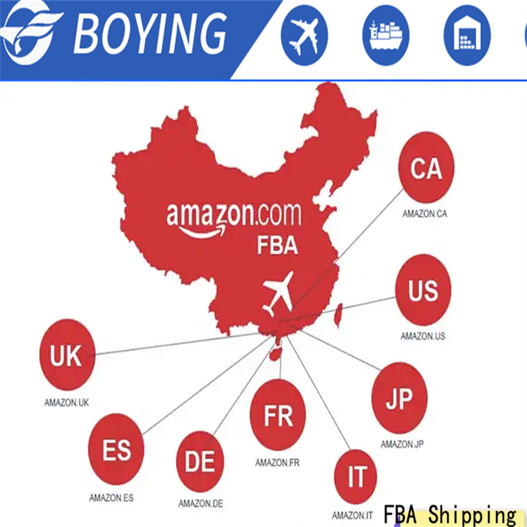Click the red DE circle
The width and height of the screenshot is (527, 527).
pyautogui.click(x=200, y=461)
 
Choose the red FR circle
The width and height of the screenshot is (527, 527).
pyautogui.click(x=278, y=414)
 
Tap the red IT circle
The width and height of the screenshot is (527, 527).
pyautogui.click(x=357, y=477)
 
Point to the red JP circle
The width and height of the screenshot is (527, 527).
pyautogui.click(x=399, y=398)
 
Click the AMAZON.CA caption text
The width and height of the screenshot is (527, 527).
pyautogui.click(x=425, y=213)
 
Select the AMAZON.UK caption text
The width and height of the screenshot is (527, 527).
pyautogui.click(x=66, y=402)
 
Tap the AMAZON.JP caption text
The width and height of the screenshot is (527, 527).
pyautogui.click(x=402, y=444)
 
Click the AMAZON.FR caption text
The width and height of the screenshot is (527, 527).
pyautogui.click(x=277, y=462)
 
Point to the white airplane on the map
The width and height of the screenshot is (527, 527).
pyautogui.click(x=278, y=294)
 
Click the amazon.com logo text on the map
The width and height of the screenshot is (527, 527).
pyautogui.click(x=234, y=216)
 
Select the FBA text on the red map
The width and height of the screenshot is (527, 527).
pyautogui.click(x=277, y=247)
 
